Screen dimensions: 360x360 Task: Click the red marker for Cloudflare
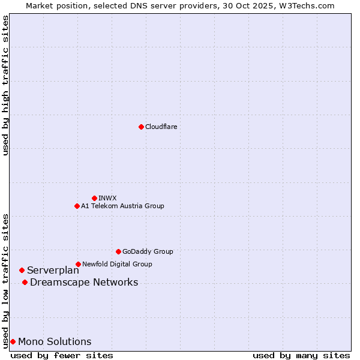tap(141, 127)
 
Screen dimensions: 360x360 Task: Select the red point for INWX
tap(94, 198)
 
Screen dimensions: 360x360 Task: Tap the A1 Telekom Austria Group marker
tap(77, 206)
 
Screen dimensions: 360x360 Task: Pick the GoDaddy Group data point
tap(118, 251)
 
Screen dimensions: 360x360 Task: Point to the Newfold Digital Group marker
tap(78, 264)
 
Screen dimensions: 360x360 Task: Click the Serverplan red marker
tap(22, 271)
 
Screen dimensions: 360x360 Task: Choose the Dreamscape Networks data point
tap(25, 283)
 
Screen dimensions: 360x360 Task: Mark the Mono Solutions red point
tap(13, 342)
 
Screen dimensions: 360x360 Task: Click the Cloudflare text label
tap(161, 127)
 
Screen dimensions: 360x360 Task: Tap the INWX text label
tap(107, 198)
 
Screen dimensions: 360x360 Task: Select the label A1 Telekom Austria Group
tap(122, 206)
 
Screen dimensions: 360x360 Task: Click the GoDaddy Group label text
tap(147, 251)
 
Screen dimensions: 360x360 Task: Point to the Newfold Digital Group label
tap(117, 264)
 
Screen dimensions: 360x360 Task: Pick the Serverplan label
tap(53, 271)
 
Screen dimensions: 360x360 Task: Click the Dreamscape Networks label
tap(84, 283)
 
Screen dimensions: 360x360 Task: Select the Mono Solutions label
tap(55, 342)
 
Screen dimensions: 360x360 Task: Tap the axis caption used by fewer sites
tap(62, 355)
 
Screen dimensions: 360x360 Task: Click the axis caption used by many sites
tap(301, 355)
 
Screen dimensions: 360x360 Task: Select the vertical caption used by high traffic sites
tap(5, 85)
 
